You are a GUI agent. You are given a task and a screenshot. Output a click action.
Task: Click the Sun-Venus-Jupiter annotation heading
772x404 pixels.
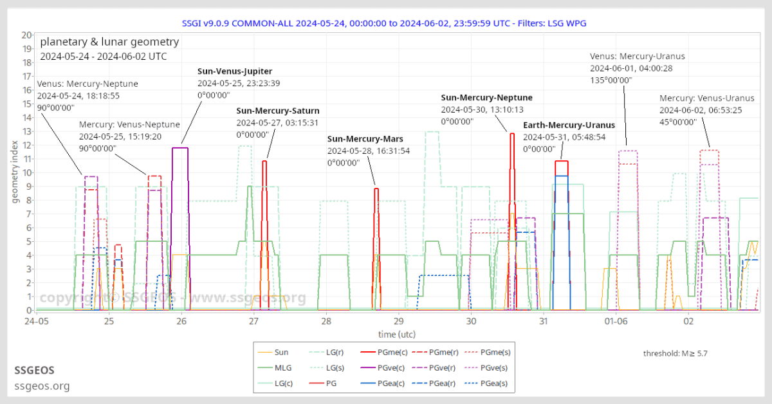235,71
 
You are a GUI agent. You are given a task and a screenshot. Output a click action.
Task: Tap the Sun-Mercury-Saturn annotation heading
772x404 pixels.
278,111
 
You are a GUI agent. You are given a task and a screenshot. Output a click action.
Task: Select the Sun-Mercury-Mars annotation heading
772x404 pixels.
365,139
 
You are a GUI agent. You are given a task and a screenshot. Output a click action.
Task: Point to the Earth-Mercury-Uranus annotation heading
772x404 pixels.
569,125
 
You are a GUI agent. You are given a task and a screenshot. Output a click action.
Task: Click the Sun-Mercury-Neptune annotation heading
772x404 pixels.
486,98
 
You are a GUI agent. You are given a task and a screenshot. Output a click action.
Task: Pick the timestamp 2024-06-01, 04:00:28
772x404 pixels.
631,68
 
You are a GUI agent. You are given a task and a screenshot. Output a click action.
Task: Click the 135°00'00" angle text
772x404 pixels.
611,80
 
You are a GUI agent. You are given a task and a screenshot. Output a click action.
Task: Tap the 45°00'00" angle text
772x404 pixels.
678,122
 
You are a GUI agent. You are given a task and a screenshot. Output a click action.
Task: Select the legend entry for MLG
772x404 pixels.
275,368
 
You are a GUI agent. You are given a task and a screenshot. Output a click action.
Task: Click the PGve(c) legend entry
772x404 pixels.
383,368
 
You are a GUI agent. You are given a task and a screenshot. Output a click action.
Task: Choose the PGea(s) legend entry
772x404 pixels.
486,383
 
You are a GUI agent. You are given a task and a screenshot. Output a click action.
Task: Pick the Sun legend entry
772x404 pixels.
273,353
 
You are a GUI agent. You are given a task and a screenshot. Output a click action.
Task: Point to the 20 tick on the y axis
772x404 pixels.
26,35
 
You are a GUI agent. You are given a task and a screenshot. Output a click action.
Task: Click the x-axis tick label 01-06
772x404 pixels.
616,321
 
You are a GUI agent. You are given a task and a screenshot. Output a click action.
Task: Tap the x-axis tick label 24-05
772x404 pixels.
37,321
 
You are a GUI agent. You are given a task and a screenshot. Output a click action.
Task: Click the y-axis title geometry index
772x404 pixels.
15,172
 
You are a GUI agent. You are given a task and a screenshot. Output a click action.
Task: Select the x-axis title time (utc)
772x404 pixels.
397,335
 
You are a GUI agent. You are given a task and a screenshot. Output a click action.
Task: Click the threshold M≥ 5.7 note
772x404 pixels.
675,353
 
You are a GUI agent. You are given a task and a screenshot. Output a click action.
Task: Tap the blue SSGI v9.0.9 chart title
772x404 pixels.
384,23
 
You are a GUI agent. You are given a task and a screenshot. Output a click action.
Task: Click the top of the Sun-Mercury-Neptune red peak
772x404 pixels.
512,134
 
